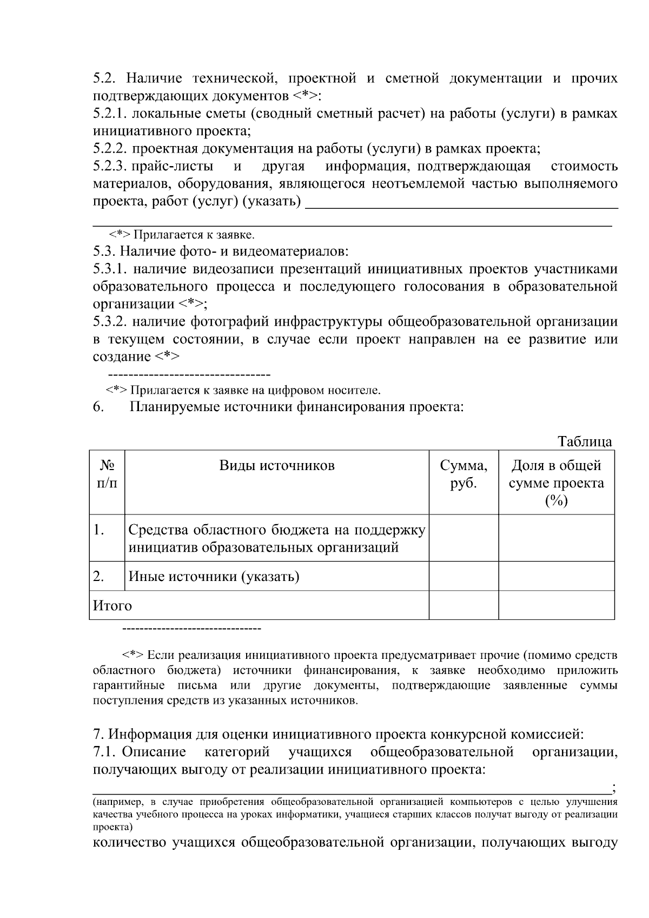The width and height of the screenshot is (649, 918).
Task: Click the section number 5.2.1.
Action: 110,114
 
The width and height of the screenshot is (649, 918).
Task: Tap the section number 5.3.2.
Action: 110,322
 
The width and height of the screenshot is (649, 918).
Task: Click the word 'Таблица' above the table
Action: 585,441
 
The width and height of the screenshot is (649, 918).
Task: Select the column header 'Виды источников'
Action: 276,466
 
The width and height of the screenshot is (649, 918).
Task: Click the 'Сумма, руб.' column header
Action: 463,474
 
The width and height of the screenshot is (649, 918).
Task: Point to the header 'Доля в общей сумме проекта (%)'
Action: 556,483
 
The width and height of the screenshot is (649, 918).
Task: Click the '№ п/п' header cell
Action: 107,474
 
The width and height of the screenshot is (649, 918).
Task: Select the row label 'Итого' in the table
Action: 112,605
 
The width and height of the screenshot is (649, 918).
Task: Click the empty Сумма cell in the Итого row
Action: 463,605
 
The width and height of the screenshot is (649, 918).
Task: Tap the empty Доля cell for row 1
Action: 556,538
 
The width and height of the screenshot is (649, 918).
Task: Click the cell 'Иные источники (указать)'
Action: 214,576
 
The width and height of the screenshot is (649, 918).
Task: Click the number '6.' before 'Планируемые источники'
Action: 98,407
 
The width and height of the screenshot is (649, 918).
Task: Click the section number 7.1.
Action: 104,752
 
